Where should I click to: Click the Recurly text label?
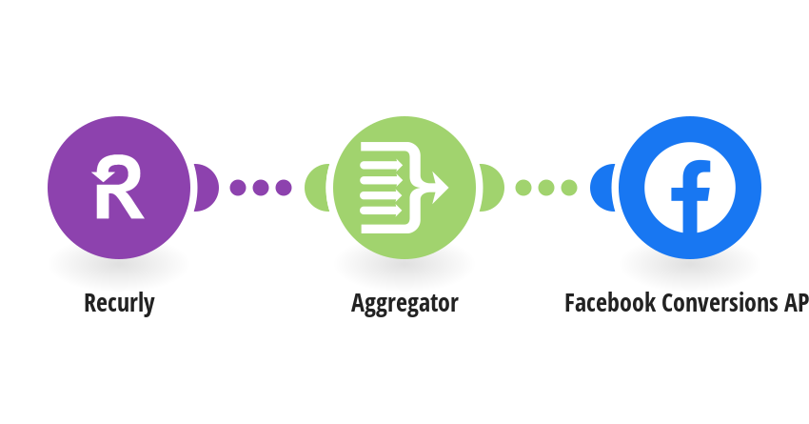click(119, 303)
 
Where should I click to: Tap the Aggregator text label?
click(404, 303)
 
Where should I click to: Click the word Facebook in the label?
click(610, 303)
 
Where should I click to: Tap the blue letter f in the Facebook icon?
click(690, 196)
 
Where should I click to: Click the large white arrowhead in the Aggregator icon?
click(439, 187)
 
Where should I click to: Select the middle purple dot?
click(261, 187)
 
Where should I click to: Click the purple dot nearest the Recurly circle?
click(238, 187)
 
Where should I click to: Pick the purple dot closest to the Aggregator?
click(284, 187)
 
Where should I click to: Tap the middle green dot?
click(546, 187)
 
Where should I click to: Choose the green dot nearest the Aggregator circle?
click(523, 187)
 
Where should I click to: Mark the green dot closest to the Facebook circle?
click(569, 187)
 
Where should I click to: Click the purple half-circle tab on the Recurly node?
click(206, 188)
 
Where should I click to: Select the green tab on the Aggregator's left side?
click(316, 188)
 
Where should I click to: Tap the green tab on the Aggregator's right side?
click(492, 188)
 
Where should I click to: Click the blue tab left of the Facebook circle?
click(602, 188)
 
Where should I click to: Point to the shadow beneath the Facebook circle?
click(690, 266)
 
